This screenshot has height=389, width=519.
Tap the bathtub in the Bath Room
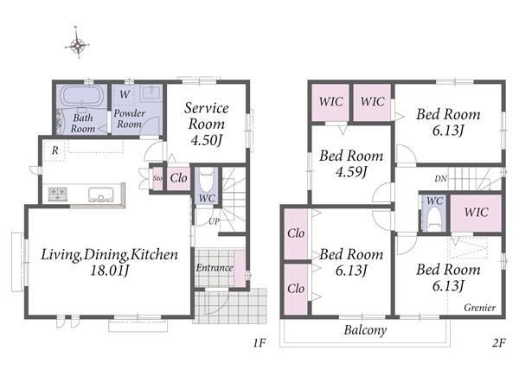click(82, 96)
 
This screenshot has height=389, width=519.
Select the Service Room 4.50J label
click(206, 124)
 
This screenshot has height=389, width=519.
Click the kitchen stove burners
click(58, 194)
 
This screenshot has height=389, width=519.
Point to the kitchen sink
click(101, 194)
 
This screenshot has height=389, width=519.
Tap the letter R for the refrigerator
click(55, 150)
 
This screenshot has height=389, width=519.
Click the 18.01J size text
click(109, 271)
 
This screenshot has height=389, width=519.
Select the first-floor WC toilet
click(207, 182)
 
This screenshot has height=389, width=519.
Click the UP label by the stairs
click(214, 221)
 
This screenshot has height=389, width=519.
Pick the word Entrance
click(215, 268)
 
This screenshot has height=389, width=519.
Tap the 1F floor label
click(259, 343)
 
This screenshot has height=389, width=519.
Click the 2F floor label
click(498, 343)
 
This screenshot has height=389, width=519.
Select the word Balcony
click(365, 330)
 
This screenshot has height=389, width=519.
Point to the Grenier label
click(479, 308)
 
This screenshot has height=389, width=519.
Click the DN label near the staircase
click(440, 179)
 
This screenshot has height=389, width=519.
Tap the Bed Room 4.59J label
click(351, 163)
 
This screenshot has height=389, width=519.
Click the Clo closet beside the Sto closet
click(178, 178)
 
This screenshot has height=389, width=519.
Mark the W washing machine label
click(125, 94)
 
